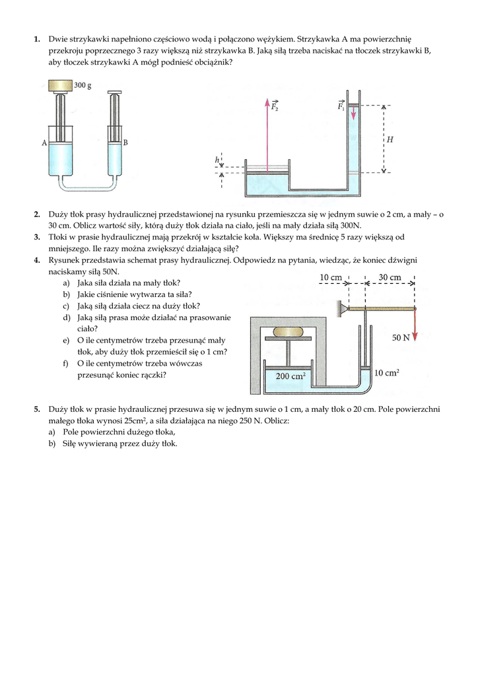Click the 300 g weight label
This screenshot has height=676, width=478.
coord(83,85)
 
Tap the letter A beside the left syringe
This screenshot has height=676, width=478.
coord(44,143)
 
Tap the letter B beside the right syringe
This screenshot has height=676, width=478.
coord(125,142)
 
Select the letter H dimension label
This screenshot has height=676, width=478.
coord(390,139)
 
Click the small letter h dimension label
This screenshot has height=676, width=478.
coord(217,160)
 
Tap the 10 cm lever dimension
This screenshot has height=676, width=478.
coord(330,278)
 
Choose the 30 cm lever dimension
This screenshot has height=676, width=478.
coord(390,278)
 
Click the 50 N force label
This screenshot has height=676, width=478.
coord(401,337)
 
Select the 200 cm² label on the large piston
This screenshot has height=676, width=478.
coord(291,376)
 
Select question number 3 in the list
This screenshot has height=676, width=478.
coord(37,237)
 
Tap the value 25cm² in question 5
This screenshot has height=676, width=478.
coord(135,421)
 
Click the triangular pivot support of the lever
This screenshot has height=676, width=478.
coord(343,308)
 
